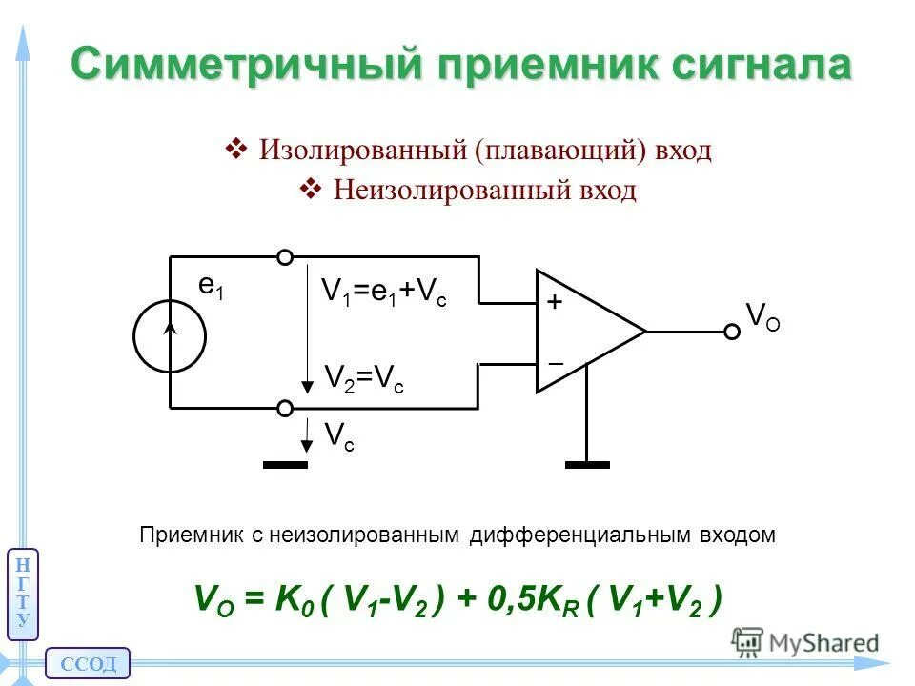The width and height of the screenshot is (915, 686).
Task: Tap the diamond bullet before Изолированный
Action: coord(234,150)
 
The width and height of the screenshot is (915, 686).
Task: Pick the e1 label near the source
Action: coord(212,287)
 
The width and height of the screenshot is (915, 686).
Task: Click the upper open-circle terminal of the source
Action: coord(284,257)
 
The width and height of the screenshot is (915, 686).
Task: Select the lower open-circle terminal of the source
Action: coord(284,408)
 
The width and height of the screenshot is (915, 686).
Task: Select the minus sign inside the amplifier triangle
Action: coord(556,364)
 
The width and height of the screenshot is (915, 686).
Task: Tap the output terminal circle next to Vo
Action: coord(731,332)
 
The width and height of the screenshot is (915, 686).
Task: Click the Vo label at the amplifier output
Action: coord(762,316)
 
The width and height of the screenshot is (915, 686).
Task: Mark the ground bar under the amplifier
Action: coord(586,464)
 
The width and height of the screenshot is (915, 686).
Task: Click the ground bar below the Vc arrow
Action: coord(285,464)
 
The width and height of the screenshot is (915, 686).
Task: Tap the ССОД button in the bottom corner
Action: coord(87,663)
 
